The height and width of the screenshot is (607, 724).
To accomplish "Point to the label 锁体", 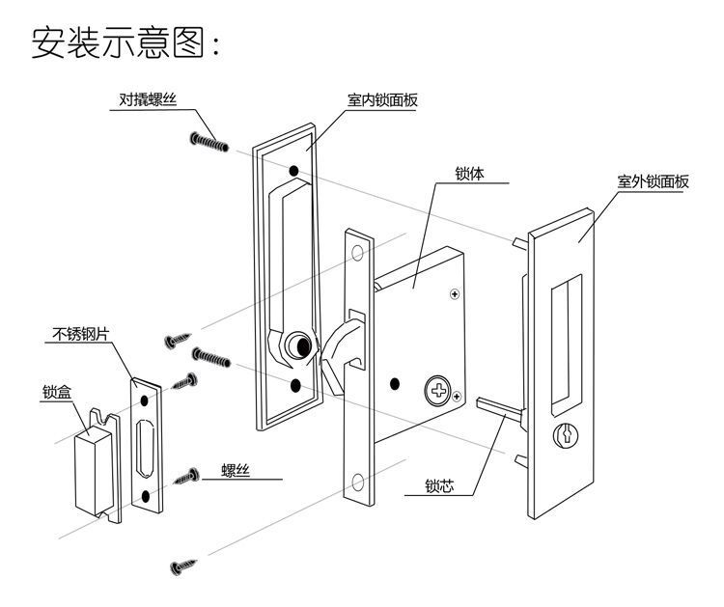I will pyautogui.click(x=469, y=176).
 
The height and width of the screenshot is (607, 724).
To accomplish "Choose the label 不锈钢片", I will pyautogui.click(x=79, y=336).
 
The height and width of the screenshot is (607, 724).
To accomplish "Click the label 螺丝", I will pyautogui.click(x=236, y=470).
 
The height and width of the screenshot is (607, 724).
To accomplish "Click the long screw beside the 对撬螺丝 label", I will pyautogui.click(x=209, y=142).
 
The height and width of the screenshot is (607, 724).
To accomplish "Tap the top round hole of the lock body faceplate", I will pyautogui.click(x=358, y=253).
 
